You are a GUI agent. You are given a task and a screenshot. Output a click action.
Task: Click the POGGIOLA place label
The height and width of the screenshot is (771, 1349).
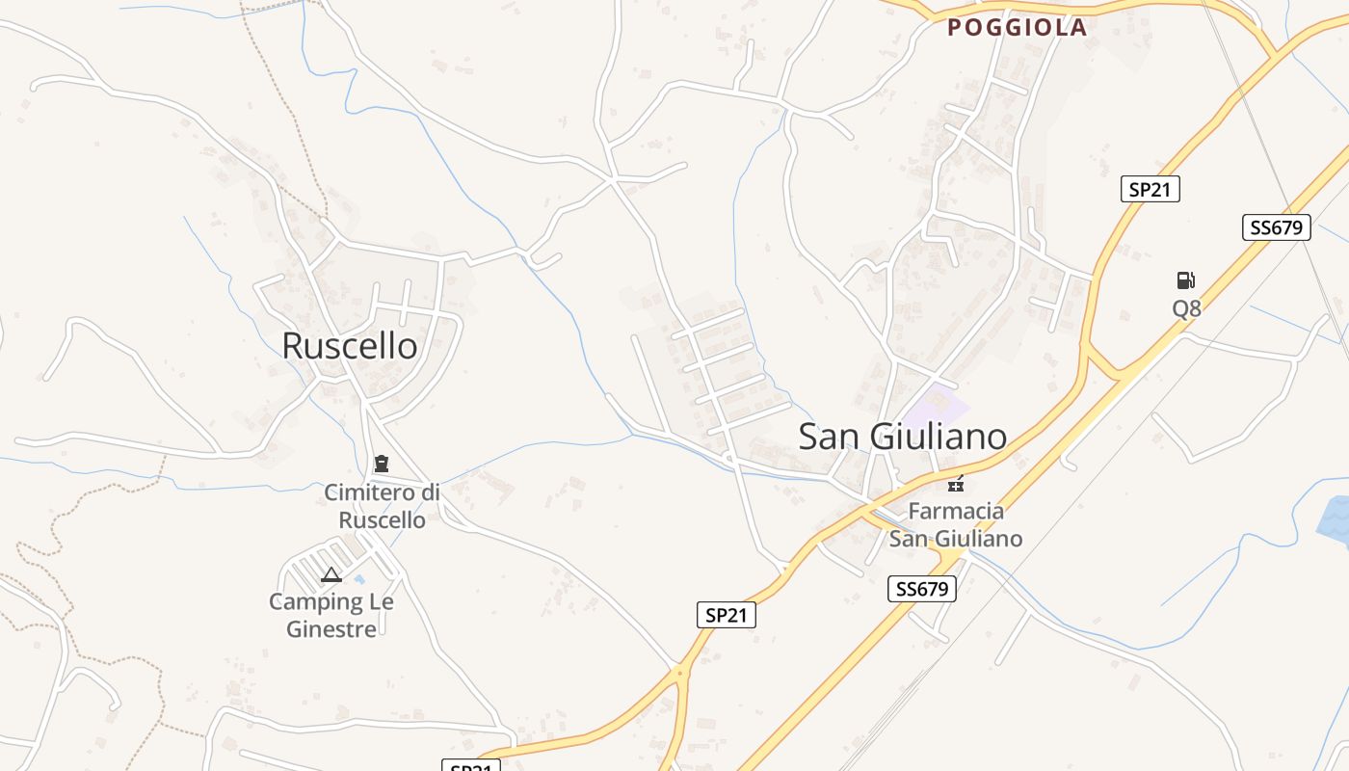pyautogui.click(x=1017, y=28)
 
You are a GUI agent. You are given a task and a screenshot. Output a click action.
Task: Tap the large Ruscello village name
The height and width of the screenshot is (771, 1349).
pyautogui.click(x=350, y=346)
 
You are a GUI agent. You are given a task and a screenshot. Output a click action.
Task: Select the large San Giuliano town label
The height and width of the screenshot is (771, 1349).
pyautogui.click(x=903, y=437)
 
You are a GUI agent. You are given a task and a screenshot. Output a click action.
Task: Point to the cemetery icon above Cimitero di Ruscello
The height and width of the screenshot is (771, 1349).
pyautogui.click(x=382, y=464)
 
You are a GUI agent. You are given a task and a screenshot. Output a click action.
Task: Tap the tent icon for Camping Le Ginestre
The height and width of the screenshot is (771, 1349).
pyautogui.click(x=331, y=575)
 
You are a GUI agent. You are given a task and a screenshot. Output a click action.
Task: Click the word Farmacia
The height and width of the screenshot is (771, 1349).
pyautogui.click(x=956, y=511)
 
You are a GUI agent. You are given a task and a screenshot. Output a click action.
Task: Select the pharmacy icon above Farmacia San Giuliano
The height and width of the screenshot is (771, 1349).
pyautogui.click(x=956, y=483)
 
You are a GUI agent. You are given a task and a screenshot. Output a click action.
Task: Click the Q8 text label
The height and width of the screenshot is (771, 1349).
pyautogui.click(x=1186, y=308)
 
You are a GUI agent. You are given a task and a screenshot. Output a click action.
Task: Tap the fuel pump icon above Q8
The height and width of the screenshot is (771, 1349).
pyautogui.click(x=1185, y=280)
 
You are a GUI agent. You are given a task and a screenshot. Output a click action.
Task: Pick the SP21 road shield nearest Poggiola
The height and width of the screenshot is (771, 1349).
pyautogui.click(x=1150, y=189)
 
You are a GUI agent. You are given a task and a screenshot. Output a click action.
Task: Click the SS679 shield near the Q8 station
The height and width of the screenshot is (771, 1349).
pyautogui.click(x=1276, y=227)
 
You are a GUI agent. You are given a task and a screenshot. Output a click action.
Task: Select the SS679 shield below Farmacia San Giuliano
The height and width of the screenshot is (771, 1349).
pyautogui.click(x=922, y=589)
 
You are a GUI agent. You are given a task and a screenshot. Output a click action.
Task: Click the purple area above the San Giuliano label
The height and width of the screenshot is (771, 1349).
pyautogui.click(x=934, y=403)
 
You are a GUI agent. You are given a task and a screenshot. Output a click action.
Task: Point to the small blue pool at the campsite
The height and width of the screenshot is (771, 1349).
pyautogui.click(x=359, y=579)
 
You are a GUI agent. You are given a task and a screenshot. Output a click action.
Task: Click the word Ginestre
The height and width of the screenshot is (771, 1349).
pyautogui.click(x=331, y=629)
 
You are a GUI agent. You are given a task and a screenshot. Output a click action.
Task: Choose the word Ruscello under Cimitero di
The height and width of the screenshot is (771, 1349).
pyautogui.click(x=382, y=520)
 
